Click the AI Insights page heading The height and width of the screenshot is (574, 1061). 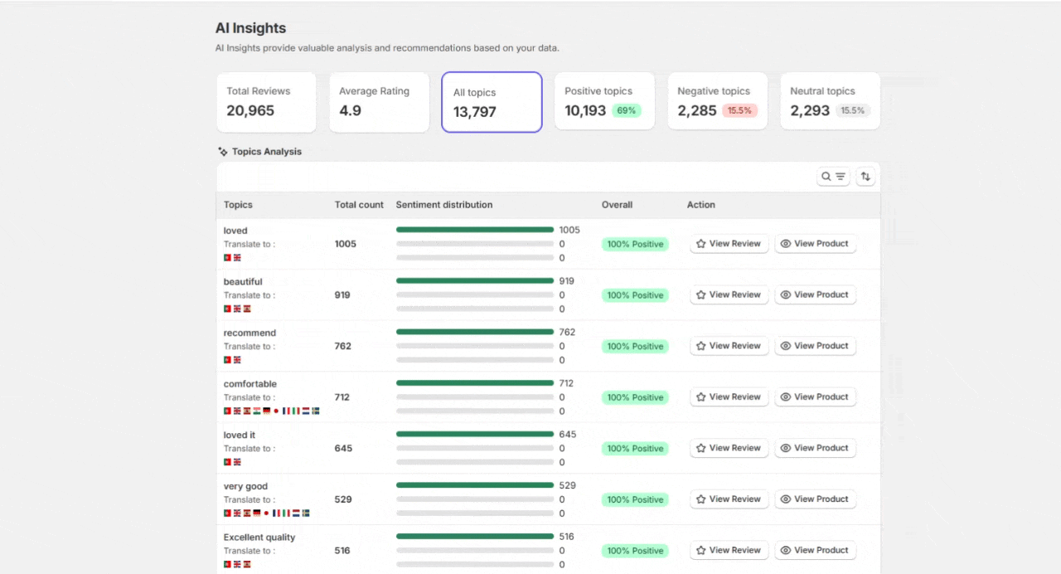click(x=250, y=28)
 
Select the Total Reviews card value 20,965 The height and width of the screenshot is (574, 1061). click(x=250, y=110)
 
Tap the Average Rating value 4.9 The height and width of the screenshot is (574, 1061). click(x=350, y=110)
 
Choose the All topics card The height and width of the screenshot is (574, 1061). click(x=492, y=102)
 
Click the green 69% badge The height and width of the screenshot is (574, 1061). click(x=627, y=110)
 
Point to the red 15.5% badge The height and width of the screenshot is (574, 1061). click(x=739, y=110)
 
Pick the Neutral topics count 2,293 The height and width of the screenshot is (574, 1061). click(x=810, y=110)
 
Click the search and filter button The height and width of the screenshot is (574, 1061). click(x=833, y=176)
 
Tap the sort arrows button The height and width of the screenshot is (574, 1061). click(x=865, y=176)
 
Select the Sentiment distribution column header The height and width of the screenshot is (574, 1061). click(x=444, y=205)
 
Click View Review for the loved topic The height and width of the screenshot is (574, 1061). click(x=729, y=244)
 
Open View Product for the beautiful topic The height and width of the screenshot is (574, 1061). click(x=815, y=294)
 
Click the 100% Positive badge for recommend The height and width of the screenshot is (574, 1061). click(x=635, y=347)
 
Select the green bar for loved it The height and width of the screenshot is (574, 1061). click(x=474, y=434)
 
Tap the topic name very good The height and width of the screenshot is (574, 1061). click(x=245, y=486)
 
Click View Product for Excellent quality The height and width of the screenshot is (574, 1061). click(x=815, y=550)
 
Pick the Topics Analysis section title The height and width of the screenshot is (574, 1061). click(x=266, y=152)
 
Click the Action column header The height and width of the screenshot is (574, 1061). click(x=700, y=205)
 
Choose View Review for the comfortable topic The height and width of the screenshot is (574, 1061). click(x=729, y=397)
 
